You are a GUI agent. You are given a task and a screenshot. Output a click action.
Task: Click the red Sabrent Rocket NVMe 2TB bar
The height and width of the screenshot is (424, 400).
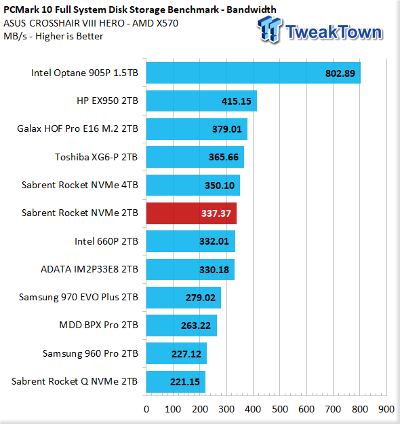tap(191, 213)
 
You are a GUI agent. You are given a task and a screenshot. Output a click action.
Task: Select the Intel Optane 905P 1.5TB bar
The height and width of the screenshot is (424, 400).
tap(254, 73)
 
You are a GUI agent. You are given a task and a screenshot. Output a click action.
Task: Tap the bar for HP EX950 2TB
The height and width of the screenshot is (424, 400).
tap(201, 101)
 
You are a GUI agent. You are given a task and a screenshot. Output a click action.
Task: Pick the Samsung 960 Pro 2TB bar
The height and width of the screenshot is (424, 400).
tap(176, 353)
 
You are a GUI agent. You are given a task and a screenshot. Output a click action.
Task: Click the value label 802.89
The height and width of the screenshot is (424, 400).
tap(340, 73)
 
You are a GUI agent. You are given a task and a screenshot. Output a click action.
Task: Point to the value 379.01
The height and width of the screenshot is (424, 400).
tap(227, 129)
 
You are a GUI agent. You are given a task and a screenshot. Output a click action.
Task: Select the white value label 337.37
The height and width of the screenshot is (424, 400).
tap(216, 213)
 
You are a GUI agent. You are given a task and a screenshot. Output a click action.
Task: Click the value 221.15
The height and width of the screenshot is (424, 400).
tap(185, 382)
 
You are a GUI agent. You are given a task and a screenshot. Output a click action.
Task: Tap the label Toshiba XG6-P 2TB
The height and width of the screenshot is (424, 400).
tap(96, 157)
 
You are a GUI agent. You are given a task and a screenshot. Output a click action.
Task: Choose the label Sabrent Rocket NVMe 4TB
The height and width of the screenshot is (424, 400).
tap(80, 185)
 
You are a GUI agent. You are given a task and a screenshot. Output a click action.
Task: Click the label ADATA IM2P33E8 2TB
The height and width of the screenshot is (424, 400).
tap(89, 269)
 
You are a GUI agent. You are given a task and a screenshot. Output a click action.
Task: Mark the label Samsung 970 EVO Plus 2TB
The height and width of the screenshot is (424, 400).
tap(79, 297)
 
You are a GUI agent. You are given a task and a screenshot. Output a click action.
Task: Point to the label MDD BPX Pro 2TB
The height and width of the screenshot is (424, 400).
tap(98, 325)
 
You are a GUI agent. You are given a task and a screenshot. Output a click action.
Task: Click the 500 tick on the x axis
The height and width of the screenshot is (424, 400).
tap(280, 409)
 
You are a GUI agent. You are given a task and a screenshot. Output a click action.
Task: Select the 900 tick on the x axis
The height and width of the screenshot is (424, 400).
tap(386, 409)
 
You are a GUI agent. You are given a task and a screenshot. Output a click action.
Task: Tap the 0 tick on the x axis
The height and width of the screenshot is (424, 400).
tap(146, 409)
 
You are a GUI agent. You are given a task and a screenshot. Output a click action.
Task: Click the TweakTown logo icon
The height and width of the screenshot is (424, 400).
tap(269, 29)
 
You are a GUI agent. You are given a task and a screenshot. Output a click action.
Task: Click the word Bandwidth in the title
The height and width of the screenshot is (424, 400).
tap(252, 10)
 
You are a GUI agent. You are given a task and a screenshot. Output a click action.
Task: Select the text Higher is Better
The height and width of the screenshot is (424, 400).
tap(69, 36)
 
